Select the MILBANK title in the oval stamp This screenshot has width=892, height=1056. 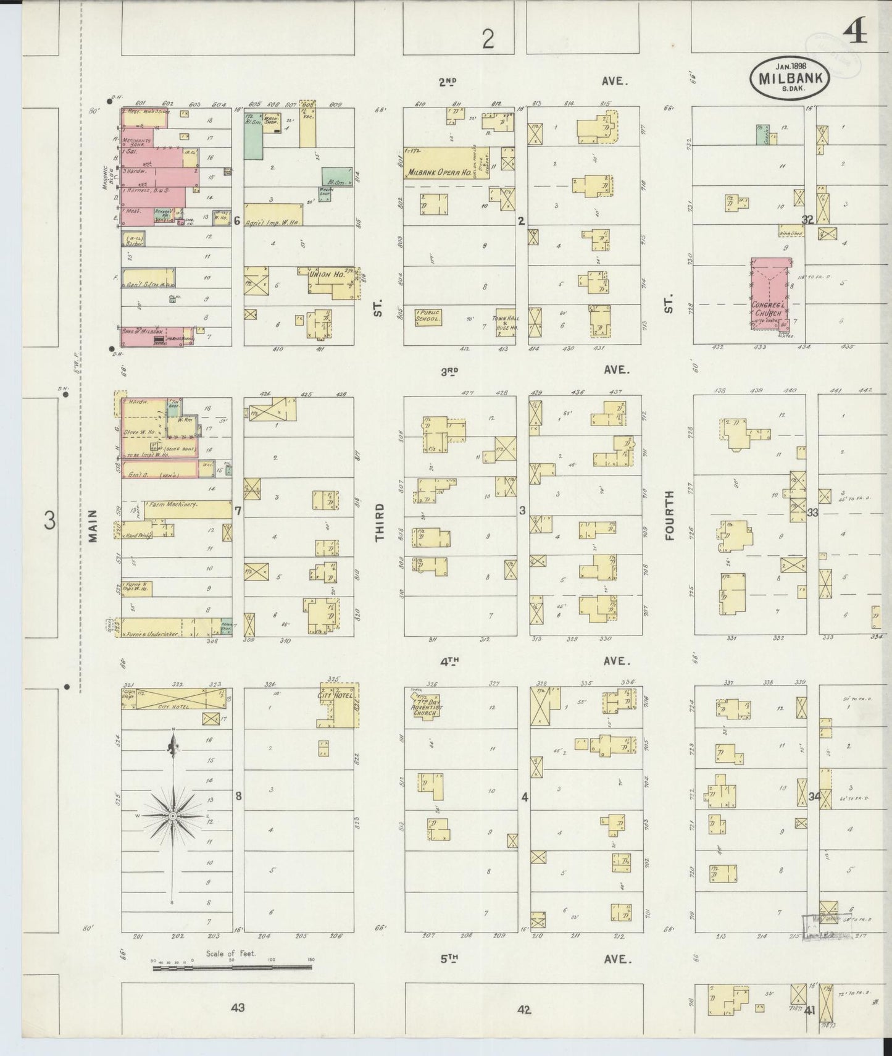point(790,78)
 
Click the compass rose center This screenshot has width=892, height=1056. point(173,816)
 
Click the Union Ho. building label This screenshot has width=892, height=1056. point(330,274)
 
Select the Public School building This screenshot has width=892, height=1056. point(428,316)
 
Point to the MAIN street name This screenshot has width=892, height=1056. point(93,526)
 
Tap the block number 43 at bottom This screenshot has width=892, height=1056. point(238,1008)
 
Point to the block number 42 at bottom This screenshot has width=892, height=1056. point(524,1010)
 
